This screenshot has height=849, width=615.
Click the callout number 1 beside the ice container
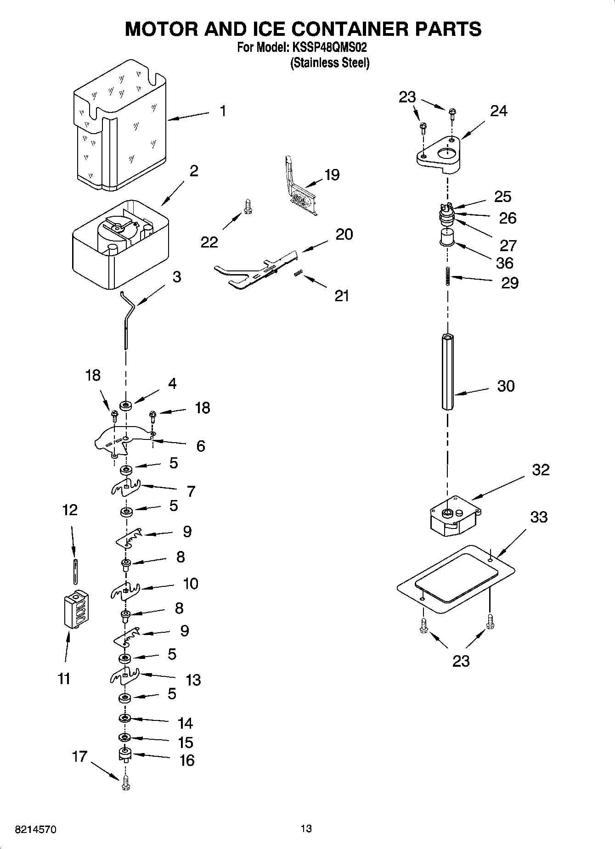pyautogui.click(x=223, y=111)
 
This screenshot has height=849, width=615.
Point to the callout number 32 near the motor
pyautogui.click(x=541, y=470)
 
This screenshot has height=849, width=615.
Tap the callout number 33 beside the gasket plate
pyautogui.click(x=539, y=517)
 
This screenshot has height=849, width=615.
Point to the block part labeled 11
pyautogui.click(x=76, y=609)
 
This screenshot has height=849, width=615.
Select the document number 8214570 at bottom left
pyautogui.click(x=36, y=830)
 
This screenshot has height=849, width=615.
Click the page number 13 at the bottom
pyautogui.click(x=306, y=828)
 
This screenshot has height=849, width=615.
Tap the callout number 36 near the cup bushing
pyautogui.click(x=504, y=263)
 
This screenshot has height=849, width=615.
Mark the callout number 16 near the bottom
pyautogui.click(x=186, y=760)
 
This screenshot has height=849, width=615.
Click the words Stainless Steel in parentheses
pyautogui.click(x=329, y=63)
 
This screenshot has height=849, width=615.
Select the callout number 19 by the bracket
pyautogui.click(x=332, y=175)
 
